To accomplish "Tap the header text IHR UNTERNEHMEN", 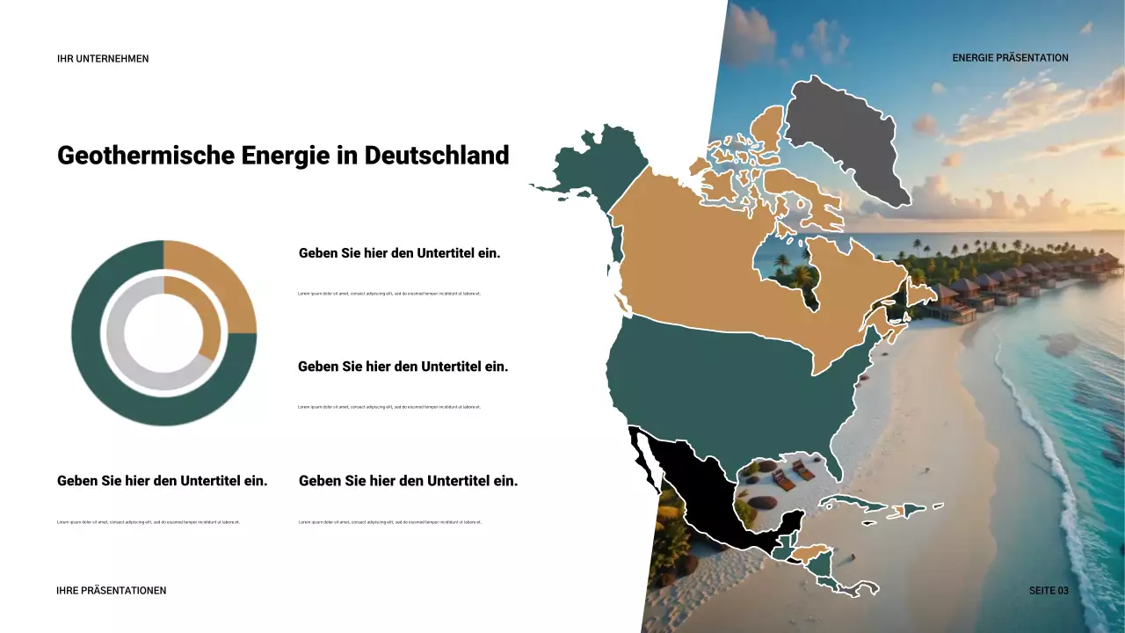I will point(103,59).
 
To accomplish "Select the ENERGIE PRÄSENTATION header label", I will point(1010,58).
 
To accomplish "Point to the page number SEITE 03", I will point(1049,591).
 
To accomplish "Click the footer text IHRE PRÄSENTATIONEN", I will point(111,591).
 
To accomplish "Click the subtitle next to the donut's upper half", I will point(399,253).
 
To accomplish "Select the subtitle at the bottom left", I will point(162,481).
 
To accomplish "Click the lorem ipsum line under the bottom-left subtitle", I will point(148,522).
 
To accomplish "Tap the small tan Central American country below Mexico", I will point(813,554).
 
